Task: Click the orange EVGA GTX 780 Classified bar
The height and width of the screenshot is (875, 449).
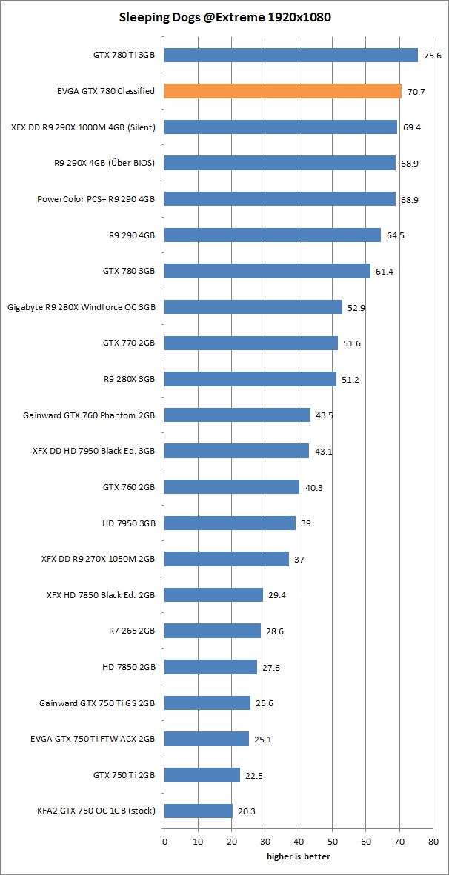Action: coord(282,91)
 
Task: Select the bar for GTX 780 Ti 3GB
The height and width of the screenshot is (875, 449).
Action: coord(290,55)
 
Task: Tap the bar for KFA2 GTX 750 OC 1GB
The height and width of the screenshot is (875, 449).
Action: coord(198,811)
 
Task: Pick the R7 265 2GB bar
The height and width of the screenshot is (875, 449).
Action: coord(212,631)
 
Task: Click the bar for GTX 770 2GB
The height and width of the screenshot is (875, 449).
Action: coord(250,343)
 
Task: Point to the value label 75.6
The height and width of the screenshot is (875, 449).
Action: coord(432,56)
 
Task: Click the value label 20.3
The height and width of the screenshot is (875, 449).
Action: coord(246,811)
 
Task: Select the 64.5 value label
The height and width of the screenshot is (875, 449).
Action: coord(394,235)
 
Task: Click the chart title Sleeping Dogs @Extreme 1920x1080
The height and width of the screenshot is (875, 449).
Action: coord(224,16)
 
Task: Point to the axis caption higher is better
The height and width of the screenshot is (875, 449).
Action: coord(299,856)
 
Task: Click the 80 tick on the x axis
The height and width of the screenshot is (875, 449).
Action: coord(433,842)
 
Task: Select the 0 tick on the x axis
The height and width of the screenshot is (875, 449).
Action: coord(164,842)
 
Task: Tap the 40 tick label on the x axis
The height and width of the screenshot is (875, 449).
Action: coord(299,842)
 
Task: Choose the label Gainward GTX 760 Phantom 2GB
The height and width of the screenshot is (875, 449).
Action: coord(89,415)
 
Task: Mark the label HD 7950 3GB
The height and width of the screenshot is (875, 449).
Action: coord(129,523)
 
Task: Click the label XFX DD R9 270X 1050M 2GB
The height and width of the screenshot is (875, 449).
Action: coord(99,559)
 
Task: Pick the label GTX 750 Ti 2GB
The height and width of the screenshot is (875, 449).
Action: coord(124,775)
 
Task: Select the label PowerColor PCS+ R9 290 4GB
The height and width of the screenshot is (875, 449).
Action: coord(96,199)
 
